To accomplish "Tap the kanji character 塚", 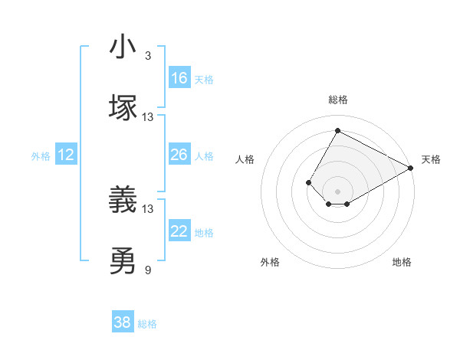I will click(123, 107).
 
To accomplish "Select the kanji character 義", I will click(123, 201).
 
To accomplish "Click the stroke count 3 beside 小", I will click(148, 56).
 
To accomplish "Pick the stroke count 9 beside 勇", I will click(148, 270).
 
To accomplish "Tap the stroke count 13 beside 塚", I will click(148, 117).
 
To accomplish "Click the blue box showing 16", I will click(179, 78).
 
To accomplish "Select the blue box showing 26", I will click(179, 155).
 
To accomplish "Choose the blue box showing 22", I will click(179, 231).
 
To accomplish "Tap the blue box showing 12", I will click(66, 155).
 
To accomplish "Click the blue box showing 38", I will click(123, 322).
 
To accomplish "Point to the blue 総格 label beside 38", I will click(147, 324).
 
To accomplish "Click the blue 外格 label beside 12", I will click(41, 156).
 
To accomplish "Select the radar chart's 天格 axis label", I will click(431, 159).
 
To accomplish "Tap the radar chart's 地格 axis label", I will click(402, 262).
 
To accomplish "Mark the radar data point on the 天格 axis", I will click(411, 168).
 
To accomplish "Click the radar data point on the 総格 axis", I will click(337, 131).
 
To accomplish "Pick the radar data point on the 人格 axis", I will click(308, 182).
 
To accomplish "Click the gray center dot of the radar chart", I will click(337, 191).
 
